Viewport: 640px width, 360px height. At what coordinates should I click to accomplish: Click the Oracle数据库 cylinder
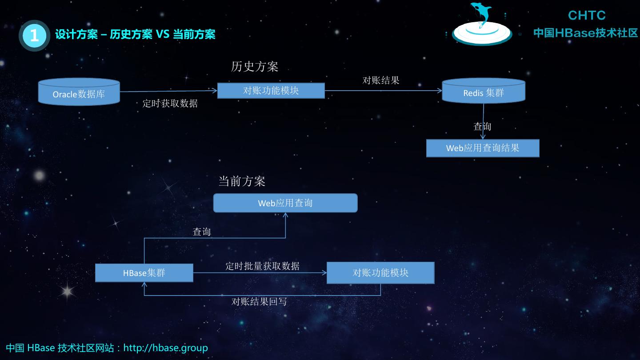[x=79, y=92]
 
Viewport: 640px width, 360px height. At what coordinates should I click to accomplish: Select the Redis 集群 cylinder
[x=484, y=91]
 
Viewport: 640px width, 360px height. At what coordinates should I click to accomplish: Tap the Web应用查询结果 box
[x=483, y=148]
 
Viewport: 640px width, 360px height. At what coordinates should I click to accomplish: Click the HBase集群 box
[x=144, y=273]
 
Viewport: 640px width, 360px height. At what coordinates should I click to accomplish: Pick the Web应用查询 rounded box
[x=285, y=203]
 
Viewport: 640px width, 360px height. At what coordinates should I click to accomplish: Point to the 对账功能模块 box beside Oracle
[x=271, y=91]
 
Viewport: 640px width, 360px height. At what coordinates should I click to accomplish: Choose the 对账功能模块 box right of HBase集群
[x=380, y=273]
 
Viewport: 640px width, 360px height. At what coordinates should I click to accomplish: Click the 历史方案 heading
[x=255, y=67]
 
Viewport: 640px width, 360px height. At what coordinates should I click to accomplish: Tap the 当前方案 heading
[x=242, y=181]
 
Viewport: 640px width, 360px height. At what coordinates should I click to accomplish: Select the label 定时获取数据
[x=170, y=104]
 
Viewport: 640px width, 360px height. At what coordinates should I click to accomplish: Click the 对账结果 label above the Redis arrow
[x=381, y=80]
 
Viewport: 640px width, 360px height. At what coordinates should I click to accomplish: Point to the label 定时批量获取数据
[x=262, y=266]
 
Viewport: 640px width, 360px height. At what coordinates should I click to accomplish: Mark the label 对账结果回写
[x=259, y=301]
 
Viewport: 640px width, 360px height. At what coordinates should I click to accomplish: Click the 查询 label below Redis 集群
[x=482, y=126]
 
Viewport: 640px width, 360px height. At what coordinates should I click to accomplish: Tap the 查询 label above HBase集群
[x=202, y=232]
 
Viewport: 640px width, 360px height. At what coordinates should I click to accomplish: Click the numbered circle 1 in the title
[x=34, y=35]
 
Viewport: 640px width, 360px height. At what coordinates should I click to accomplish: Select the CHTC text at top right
[x=587, y=16]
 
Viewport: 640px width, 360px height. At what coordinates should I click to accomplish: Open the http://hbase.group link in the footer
[x=165, y=348]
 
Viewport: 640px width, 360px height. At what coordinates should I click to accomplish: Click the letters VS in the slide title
[x=163, y=34]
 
